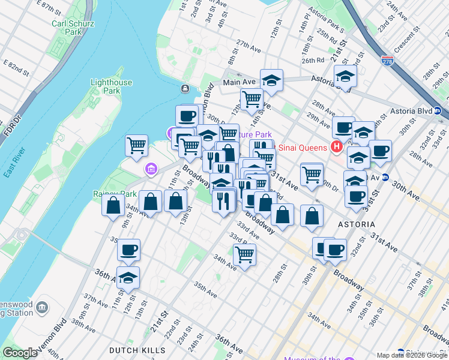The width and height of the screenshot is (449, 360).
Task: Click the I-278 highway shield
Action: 387,61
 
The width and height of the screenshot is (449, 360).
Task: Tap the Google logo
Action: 20,353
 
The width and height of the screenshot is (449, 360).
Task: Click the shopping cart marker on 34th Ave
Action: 244,255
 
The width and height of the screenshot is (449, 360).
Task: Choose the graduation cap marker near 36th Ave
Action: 128,278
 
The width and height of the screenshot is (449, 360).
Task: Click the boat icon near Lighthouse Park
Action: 185,89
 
